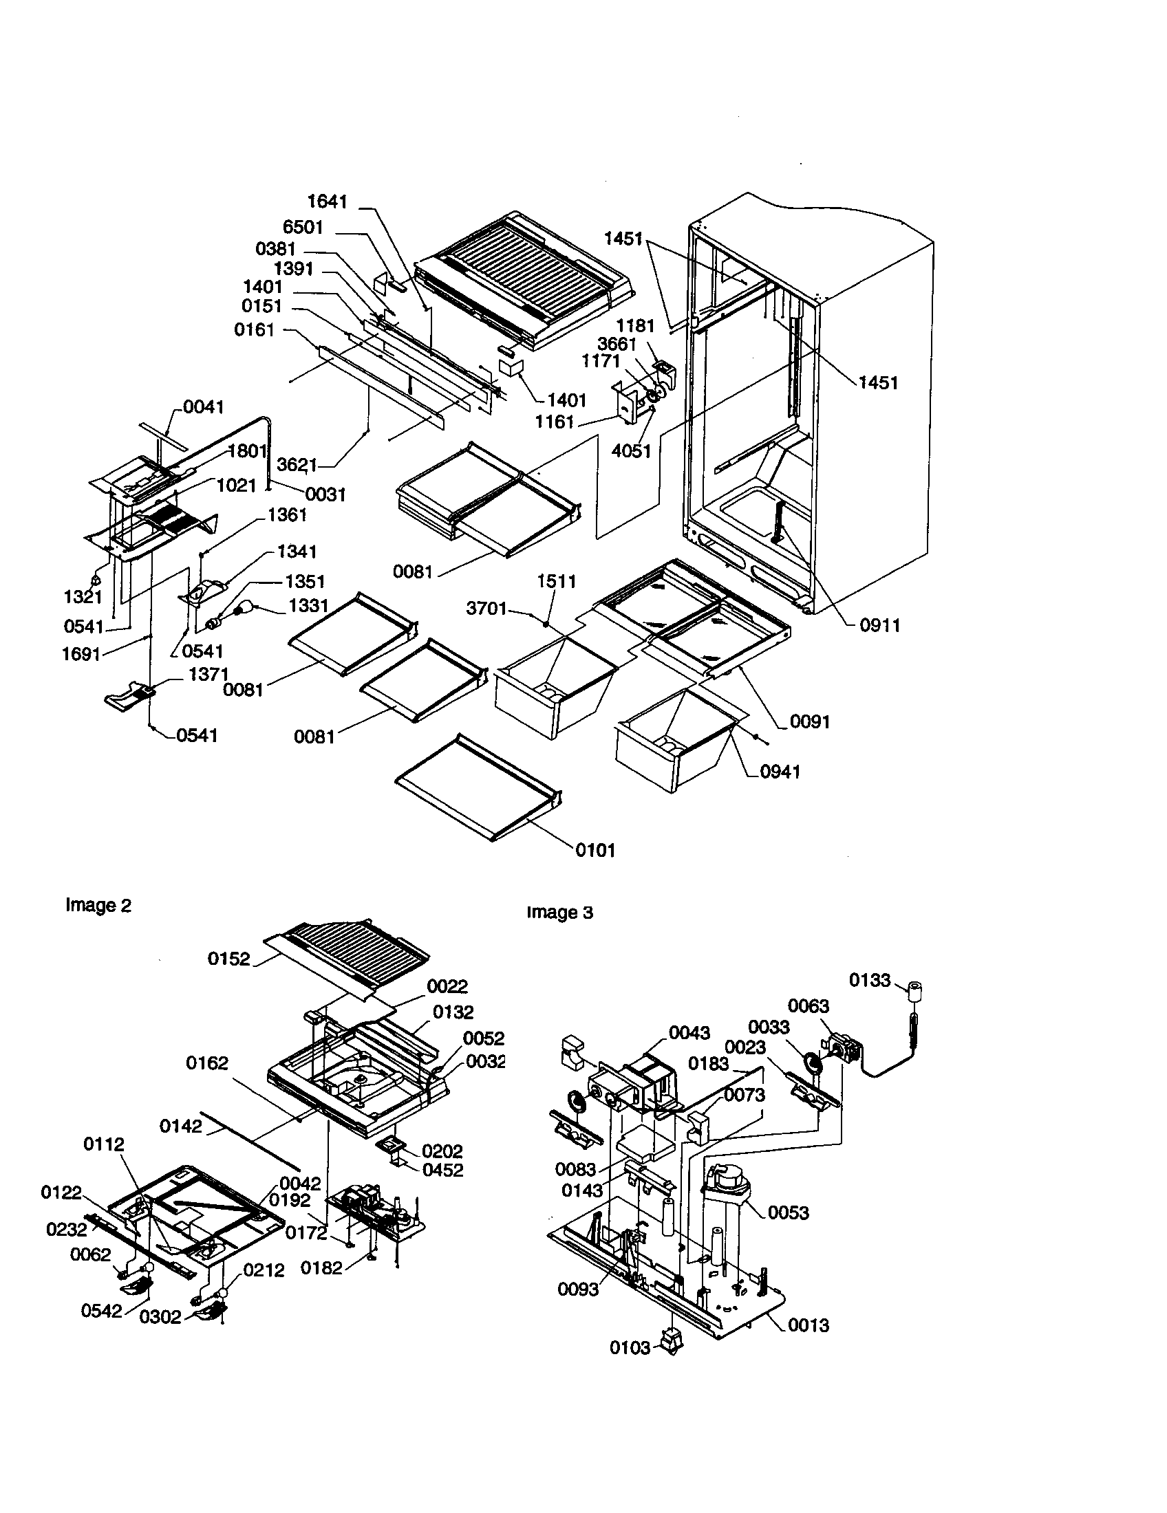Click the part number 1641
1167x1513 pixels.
tap(327, 202)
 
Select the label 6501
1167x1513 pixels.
tap(303, 227)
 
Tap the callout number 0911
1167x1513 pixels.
tap(879, 626)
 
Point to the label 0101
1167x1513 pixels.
tap(595, 850)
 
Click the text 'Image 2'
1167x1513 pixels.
tap(98, 906)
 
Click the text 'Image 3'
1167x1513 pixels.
tap(560, 913)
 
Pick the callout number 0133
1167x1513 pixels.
tap(870, 980)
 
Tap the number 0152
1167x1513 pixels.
tap(228, 959)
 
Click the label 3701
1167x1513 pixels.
tap(486, 609)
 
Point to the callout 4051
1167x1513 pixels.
tap(631, 451)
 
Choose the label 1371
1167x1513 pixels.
tap(208, 674)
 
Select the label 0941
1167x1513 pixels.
tap(780, 772)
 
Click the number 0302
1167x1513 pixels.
tap(160, 1317)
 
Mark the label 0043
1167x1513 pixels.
tap(689, 1033)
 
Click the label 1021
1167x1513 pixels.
tap(236, 486)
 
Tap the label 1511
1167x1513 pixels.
tap(557, 581)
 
